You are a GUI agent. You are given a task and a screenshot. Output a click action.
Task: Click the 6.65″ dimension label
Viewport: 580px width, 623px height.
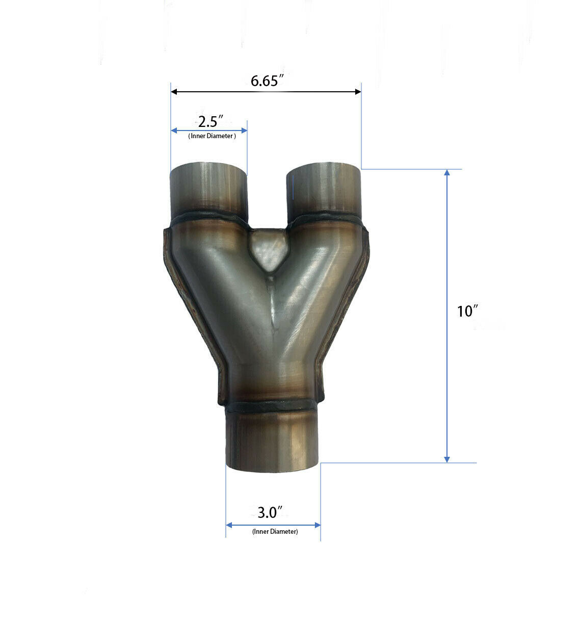tap(267, 81)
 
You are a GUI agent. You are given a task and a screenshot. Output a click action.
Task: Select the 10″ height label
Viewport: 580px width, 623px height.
tap(467, 311)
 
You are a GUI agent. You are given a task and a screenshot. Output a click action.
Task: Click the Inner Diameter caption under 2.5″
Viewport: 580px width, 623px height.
tap(212, 136)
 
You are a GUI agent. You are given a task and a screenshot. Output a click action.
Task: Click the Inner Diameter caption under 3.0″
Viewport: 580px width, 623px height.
tap(275, 531)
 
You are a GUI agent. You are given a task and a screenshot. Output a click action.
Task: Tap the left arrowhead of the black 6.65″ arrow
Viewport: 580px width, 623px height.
tap(174, 92)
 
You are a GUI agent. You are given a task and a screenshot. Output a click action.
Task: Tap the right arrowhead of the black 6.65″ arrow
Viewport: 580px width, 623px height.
tap(358, 92)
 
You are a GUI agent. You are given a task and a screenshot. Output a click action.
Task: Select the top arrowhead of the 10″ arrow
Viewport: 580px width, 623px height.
tap(447, 172)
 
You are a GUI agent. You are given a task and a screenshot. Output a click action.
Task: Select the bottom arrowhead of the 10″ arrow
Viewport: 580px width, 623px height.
tap(447, 459)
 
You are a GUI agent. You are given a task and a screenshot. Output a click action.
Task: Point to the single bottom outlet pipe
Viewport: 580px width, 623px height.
tap(273, 441)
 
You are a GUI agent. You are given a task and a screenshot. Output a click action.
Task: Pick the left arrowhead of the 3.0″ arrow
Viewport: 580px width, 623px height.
tap(229, 525)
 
